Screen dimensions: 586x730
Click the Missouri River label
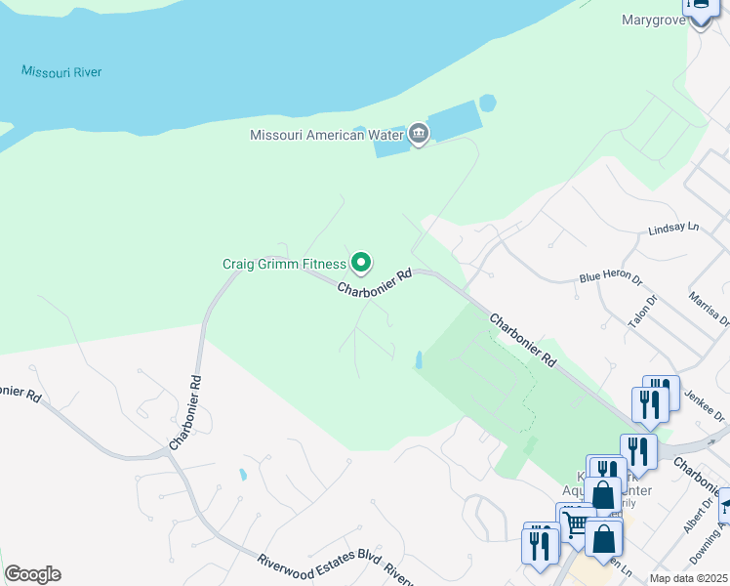pos(61,72)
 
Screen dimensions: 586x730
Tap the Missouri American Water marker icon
pos(419,135)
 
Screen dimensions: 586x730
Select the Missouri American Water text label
pos(327,136)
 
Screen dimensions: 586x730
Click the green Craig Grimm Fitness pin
pos(361,263)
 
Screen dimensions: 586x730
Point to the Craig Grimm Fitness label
pos(284,264)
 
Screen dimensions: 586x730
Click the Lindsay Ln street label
pos(674,229)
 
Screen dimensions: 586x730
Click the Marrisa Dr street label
pos(709,307)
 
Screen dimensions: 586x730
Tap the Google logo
pos(32,574)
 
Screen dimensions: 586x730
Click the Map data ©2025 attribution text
pos(689,578)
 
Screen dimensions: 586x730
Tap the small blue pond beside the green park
pos(419,360)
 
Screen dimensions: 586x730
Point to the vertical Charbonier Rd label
pos(185,413)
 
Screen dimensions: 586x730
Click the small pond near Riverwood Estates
pos(241,475)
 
